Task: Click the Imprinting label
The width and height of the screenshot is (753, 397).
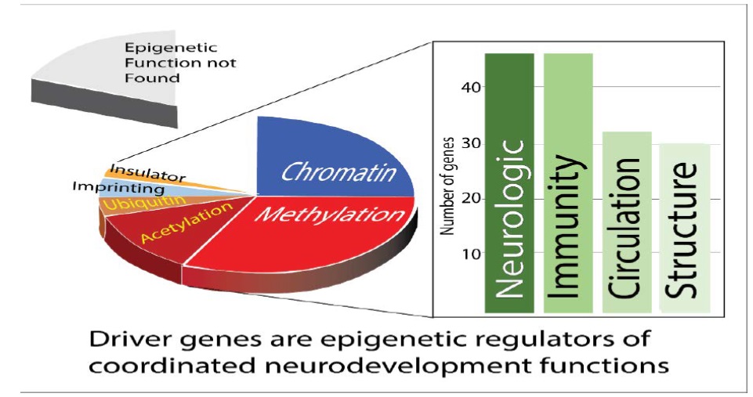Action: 118,189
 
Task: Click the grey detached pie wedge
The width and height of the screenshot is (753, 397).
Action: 118,70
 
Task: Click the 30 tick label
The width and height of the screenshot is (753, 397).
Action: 467,143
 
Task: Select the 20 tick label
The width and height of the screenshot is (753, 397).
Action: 467,198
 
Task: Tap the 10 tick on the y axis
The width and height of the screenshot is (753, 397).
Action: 467,254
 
